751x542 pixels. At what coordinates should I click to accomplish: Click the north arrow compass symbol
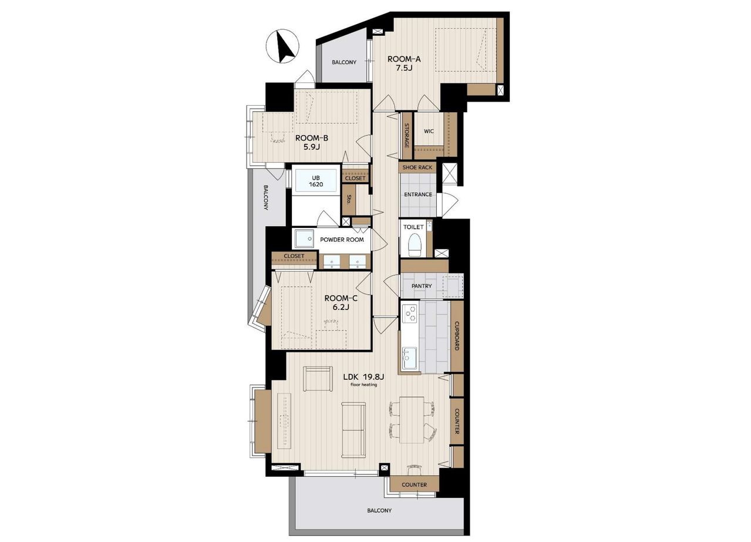[x=282, y=46]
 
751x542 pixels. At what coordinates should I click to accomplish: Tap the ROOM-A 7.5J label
[x=404, y=63]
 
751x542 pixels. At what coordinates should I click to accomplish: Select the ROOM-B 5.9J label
[x=311, y=142]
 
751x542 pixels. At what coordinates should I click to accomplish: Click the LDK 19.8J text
[x=363, y=377]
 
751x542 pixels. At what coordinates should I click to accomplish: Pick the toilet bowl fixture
[x=415, y=244]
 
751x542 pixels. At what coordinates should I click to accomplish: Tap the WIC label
[x=429, y=132]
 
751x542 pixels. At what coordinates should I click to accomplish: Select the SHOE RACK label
[x=417, y=167]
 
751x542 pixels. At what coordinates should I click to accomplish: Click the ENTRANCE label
[x=418, y=194]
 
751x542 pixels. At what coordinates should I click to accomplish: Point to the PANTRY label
[x=422, y=286]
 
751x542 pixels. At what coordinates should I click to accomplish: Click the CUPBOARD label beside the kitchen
[x=456, y=336]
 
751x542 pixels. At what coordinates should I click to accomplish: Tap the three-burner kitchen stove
[x=410, y=314]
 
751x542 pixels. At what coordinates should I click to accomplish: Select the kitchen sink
[x=410, y=359]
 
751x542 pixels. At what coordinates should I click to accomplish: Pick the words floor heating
[x=364, y=385]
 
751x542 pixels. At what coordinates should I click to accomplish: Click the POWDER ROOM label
[x=342, y=240]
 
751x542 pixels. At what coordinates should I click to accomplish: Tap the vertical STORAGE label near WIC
[x=407, y=136]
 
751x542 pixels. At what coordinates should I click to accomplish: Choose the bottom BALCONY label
[x=379, y=510]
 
